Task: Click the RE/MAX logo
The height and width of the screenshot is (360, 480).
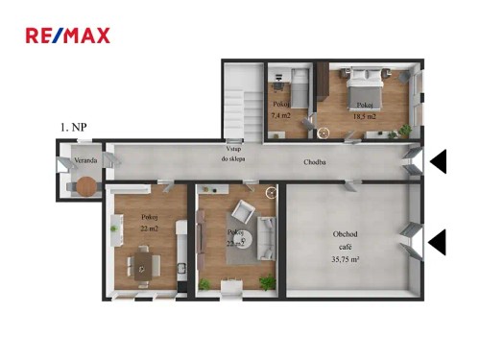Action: [x=68, y=36]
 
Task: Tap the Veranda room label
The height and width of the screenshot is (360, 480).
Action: [x=70, y=162]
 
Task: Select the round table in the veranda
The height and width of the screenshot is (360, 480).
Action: [x=87, y=185]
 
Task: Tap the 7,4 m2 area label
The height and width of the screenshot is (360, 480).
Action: [x=282, y=114]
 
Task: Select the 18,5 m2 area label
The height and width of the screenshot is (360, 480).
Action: [x=365, y=114]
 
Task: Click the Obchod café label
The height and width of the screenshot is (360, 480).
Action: [x=348, y=240]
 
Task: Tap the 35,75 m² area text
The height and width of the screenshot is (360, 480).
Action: [x=348, y=258]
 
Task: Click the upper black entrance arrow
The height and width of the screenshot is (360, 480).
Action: [x=438, y=162]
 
